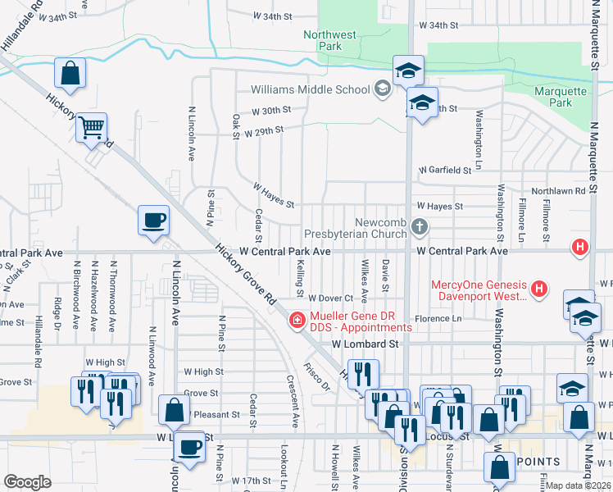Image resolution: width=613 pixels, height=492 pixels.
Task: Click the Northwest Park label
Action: pyautogui.click(x=330, y=41)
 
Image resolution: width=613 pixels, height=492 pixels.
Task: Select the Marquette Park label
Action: pyautogui.click(x=560, y=98)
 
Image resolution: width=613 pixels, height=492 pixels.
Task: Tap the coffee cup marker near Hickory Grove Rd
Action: pyautogui.click(x=153, y=220)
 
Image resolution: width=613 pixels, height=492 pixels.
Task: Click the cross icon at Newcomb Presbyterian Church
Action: pyautogui.click(x=419, y=225)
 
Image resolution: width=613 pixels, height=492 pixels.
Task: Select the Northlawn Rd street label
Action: pyautogui.click(x=558, y=190)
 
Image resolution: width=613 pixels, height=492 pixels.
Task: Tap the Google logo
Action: pyautogui.click(x=28, y=482)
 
